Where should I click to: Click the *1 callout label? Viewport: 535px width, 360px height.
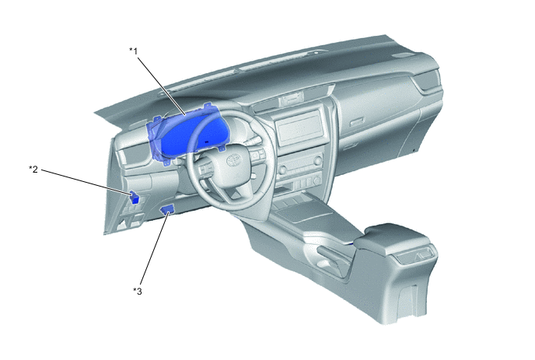click(133, 51)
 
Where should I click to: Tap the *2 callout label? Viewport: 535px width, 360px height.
click(33, 169)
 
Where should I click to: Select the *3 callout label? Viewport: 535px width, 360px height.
click(137, 291)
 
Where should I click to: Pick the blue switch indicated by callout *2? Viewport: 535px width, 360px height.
click(135, 197)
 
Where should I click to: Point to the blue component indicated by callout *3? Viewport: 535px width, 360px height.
click(167, 208)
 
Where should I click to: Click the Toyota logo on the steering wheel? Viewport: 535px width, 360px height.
click(234, 159)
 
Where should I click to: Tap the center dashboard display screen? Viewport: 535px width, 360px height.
click(299, 129)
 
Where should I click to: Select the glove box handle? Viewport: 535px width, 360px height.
click(357, 122)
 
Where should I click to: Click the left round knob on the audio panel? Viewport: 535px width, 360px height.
click(282, 170)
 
